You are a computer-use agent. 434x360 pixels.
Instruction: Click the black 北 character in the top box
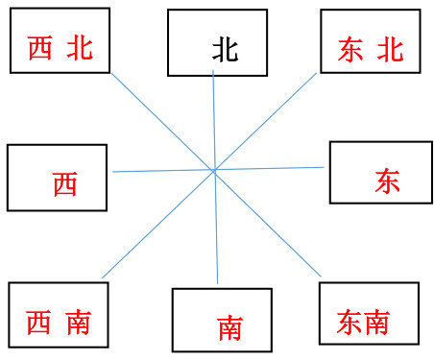point(225,50)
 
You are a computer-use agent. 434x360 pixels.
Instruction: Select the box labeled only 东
point(374,172)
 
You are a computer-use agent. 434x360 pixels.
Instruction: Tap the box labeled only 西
point(58,178)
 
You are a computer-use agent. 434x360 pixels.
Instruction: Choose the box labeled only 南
point(216,320)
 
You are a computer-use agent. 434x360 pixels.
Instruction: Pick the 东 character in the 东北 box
point(351,51)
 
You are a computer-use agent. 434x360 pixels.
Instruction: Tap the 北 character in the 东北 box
point(391,51)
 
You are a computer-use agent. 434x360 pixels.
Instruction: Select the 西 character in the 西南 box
point(39,323)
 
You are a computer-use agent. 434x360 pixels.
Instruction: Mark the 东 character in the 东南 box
point(350,323)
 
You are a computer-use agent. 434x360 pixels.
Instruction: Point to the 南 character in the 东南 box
point(376,323)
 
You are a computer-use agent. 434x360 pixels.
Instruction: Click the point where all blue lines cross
point(213,171)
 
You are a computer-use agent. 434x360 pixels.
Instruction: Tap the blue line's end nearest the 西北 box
point(110,72)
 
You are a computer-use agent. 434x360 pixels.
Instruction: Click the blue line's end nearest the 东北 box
point(317,72)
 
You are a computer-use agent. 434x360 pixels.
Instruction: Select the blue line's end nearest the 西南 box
point(103,278)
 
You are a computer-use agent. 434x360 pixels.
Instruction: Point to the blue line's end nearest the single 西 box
point(113,172)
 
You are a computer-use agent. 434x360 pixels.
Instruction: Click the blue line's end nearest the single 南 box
point(218,284)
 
